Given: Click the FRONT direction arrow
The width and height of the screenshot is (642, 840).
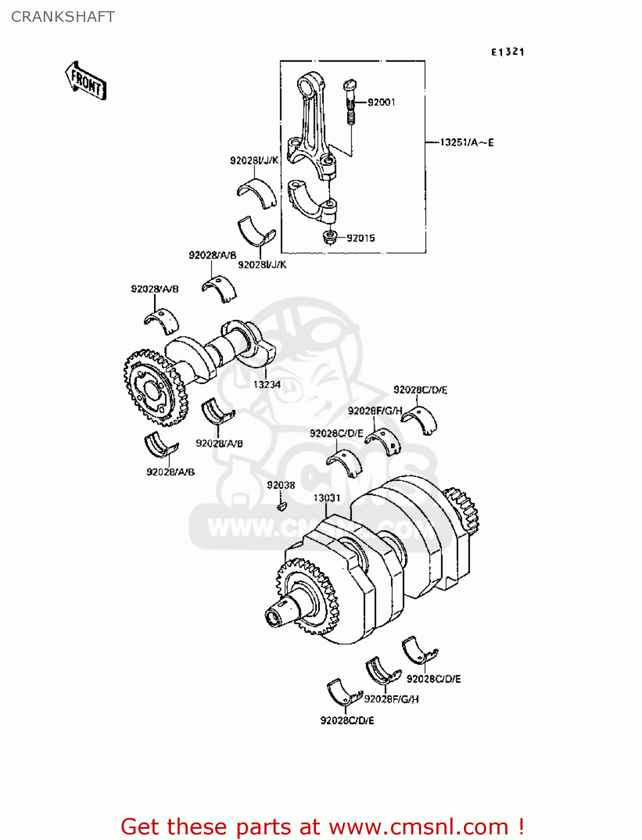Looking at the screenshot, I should [x=86, y=82].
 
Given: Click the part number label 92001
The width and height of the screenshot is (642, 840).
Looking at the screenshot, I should [x=382, y=102].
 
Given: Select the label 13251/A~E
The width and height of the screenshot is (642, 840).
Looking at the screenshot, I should [x=467, y=142].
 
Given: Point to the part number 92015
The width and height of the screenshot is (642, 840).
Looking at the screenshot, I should [x=361, y=238].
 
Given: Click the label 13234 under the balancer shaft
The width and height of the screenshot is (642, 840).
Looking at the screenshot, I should [x=267, y=384].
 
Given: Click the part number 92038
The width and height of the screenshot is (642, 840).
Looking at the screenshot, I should [x=281, y=485].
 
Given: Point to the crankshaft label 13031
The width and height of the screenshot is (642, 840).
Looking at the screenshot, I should [x=327, y=498].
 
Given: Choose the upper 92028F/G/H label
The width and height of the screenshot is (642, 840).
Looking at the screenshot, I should [x=375, y=410].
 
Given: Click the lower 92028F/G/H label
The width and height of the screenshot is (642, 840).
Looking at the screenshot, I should [x=391, y=699].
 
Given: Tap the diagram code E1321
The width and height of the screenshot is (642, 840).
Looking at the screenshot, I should [x=508, y=52].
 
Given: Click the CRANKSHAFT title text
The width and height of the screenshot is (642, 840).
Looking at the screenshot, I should [x=63, y=17].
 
